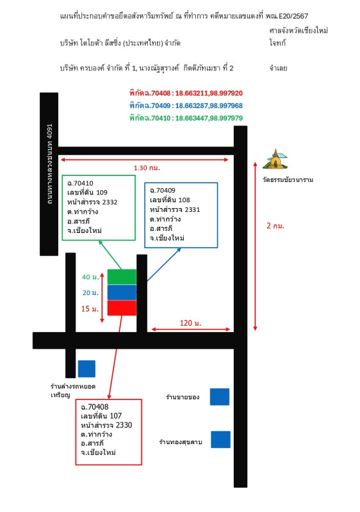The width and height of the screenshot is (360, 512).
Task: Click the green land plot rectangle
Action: [122, 277]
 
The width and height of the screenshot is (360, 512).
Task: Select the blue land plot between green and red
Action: [122, 292]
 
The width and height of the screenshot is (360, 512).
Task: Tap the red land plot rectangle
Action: [122, 308]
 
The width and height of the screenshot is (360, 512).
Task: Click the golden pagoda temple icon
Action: [275, 159]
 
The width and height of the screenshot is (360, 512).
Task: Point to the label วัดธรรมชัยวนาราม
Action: [288, 180]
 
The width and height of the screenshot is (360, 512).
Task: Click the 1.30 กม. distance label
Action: [147, 168]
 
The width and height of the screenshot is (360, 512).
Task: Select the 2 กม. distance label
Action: [275, 226]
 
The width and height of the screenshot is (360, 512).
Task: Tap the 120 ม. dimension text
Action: [190, 323]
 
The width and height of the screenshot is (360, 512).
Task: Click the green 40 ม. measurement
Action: [90, 277]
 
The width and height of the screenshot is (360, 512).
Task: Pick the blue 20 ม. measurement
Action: [90, 293]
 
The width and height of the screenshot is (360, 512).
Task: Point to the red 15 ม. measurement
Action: [90, 309]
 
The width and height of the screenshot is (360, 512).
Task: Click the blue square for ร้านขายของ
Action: [220, 397]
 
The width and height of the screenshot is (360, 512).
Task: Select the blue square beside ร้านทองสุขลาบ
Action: [220, 440]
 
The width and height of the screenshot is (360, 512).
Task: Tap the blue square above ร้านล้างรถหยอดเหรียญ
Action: [86, 369]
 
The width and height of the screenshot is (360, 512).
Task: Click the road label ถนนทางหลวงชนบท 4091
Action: [49, 164]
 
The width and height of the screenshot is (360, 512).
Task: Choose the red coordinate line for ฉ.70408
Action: [186, 93]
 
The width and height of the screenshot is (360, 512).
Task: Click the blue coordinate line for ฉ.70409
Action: [186, 106]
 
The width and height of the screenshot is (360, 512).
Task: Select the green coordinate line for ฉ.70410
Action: [186, 118]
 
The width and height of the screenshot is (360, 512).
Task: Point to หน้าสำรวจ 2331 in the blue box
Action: [175, 210]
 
